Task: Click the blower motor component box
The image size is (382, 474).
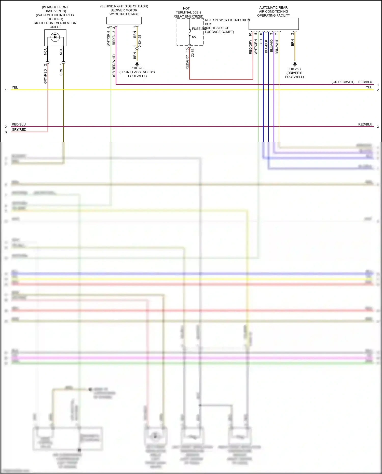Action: [x=124, y=21]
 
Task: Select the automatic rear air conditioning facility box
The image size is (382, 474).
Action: [x=274, y=24]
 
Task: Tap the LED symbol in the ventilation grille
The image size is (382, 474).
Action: [x=55, y=37]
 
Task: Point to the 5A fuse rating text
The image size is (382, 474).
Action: [x=194, y=37]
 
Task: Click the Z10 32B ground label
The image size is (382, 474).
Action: [x=137, y=68]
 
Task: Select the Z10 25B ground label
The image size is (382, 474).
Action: [x=294, y=69]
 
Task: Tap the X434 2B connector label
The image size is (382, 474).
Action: [x=140, y=41]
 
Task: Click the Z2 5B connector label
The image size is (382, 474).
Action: [x=193, y=53]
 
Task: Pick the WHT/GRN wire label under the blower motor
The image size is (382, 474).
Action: [x=108, y=39]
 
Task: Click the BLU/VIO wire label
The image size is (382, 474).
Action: [x=271, y=46]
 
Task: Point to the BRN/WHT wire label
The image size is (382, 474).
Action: [x=277, y=47]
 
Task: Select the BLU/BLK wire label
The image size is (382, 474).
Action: [x=266, y=46]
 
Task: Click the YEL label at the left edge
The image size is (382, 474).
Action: [x=15, y=87]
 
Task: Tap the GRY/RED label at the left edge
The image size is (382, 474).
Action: [x=19, y=130]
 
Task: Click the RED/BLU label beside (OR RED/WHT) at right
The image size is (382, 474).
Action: [x=365, y=82]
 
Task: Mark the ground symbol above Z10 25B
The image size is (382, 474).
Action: [x=295, y=64]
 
